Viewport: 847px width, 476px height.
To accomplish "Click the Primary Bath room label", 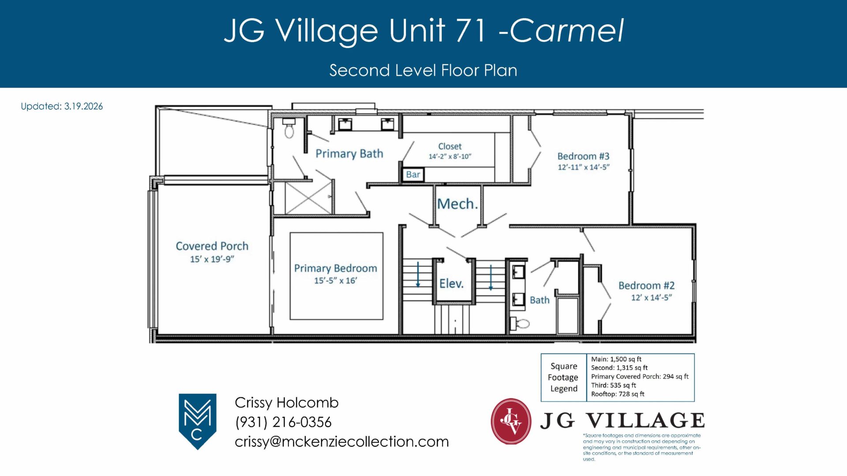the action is click(x=349, y=153).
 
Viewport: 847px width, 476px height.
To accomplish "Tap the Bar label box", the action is click(x=413, y=175).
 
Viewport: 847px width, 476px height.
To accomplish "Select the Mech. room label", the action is click(x=457, y=204).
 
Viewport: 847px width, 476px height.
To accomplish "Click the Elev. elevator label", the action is click(x=451, y=283).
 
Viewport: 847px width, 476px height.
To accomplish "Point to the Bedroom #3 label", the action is click(x=583, y=156).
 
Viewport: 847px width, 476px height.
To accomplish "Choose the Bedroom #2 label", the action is click(x=646, y=286).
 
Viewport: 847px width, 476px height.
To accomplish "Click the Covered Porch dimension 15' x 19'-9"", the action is click(x=212, y=259).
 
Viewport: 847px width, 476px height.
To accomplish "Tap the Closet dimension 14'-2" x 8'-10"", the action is click(x=450, y=156).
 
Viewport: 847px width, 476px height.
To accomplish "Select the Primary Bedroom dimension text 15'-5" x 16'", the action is click(x=336, y=281).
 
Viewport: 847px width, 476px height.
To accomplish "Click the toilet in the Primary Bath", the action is click(x=289, y=128).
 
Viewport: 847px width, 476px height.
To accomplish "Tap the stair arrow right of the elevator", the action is click(x=491, y=278).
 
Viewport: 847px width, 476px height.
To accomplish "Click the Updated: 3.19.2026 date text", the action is click(x=62, y=106).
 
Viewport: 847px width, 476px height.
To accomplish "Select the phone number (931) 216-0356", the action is click(x=283, y=422).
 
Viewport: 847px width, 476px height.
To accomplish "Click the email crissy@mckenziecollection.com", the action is click(x=342, y=442).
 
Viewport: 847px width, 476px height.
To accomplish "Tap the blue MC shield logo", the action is click(x=197, y=421).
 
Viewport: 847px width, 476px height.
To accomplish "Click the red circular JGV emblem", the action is click(x=511, y=421).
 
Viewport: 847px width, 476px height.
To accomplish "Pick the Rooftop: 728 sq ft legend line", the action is click(x=618, y=394).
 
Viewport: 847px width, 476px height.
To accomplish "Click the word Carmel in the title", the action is click(x=567, y=30).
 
